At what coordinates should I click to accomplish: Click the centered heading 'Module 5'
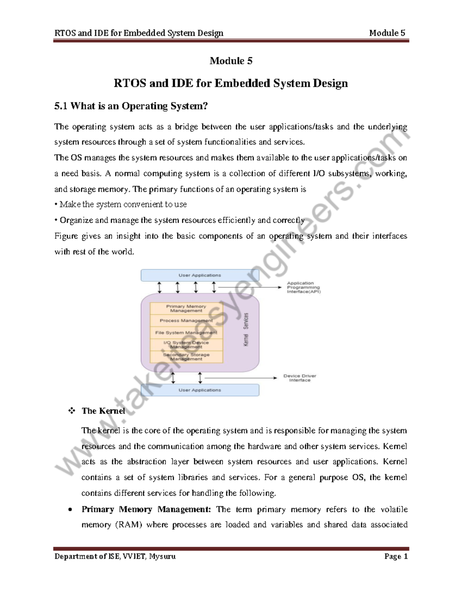[x=231, y=61]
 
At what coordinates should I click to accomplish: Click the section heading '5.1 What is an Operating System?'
[x=131, y=106]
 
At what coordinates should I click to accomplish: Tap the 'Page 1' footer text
[x=395, y=556]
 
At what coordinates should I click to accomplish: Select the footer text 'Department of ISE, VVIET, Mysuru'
[x=115, y=556]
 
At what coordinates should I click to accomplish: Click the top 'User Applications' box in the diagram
[x=199, y=275]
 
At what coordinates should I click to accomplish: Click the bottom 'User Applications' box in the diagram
[x=199, y=390]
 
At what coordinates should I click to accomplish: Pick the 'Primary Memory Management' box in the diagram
[x=186, y=308]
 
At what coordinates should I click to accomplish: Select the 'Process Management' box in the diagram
[x=186, y=320]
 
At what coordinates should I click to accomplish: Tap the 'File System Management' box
[x=186, y=333]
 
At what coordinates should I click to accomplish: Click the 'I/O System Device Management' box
[x=186, y=345]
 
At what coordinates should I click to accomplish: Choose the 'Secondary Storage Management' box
[x=186, y=357]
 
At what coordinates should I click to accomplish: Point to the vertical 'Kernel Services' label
[x=246, y=329]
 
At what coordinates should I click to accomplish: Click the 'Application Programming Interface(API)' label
[x=303, y=288]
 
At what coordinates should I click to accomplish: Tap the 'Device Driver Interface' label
[x=300, y=378]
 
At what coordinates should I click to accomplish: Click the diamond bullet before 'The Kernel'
[x=71, y=411]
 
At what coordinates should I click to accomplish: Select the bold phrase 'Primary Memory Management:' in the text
[x=146, y=509]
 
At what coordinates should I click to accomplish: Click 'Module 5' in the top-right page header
[x=387, y=33]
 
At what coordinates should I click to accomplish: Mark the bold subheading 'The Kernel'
[x=103, y=411]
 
